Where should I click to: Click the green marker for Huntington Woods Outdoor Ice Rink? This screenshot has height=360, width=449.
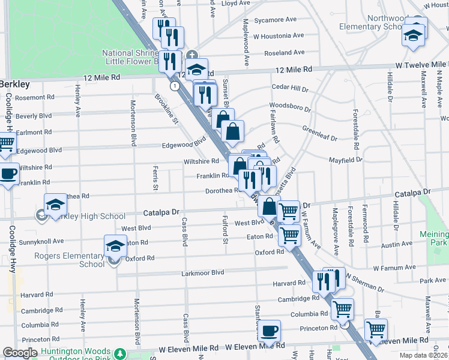click(x=119, y=353)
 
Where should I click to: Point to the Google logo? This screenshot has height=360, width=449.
click(x=20, y=353)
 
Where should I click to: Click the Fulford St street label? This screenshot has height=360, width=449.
click(x=226, y=230)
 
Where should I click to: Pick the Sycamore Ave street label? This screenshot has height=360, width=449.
click(x=276, y=20)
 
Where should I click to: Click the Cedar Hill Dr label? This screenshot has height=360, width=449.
click(x=290, y=88)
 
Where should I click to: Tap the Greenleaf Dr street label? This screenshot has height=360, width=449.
click(x=320, y=133)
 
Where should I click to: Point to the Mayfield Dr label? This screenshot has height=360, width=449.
click(x=345, y=160)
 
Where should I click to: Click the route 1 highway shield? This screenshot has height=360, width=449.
click(x=174, y=86)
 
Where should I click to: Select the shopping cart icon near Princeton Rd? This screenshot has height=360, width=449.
click(x=376, y=329)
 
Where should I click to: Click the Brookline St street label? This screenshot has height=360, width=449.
click(x=167, y=109)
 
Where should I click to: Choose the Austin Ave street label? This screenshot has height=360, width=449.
click(x=397, y=245)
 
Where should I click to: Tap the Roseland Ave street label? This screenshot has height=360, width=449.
click(x=283, y=53)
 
